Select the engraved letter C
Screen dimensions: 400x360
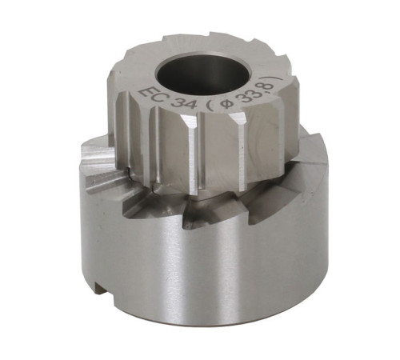pyautogui.click(x=160, y=99)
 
